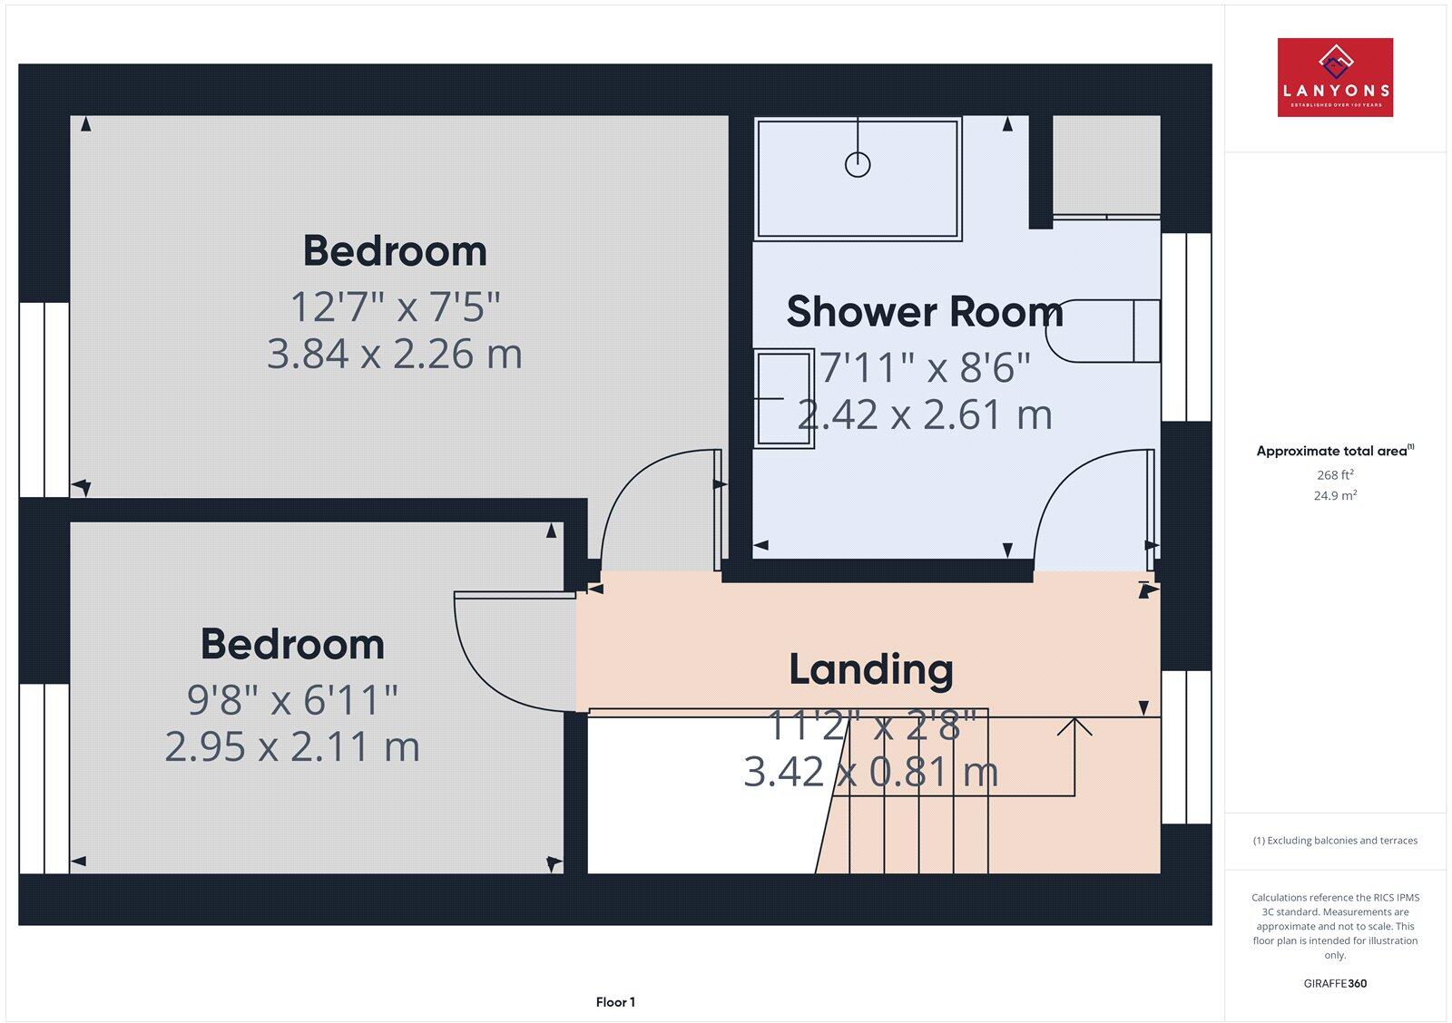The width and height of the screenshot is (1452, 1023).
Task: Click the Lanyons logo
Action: click(x=1335, y=77)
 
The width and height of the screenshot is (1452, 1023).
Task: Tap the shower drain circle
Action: click(x=858, y=164)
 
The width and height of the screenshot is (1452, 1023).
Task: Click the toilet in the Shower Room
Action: click(x=1103, y=331)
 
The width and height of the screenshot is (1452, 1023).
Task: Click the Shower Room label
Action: click(x=925, y=312)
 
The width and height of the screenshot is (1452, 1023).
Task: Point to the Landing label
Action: click(x=871, y=669)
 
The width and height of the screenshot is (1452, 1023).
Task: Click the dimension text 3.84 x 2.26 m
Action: click(x=395, y=354)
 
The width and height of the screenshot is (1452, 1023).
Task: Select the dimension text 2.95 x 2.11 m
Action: click(x=292, y=747)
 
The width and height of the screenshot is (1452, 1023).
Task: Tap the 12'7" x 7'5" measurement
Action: click(x=395, y=307)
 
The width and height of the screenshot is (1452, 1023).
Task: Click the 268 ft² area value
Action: click(x=1335, y=474)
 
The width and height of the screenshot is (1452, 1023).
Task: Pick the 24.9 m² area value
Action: click(x=1335, y=495)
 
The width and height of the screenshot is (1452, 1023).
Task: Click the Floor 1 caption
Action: click(x=615, y=1002)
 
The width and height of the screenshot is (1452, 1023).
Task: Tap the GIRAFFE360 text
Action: click(x=1335, y=983)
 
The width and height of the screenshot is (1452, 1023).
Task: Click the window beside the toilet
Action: click(x=1186, y=327)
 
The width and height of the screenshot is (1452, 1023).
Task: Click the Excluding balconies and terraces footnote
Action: click(x=1335, y=841)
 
